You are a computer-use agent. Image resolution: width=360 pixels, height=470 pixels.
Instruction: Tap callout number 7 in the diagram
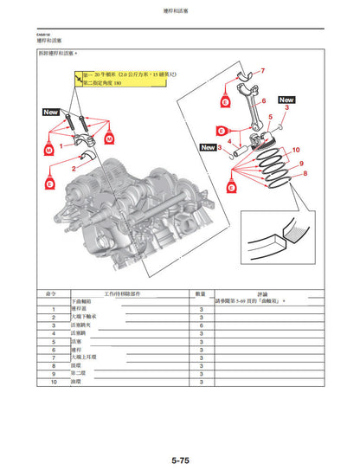pyautogui.click(x=263, y=69)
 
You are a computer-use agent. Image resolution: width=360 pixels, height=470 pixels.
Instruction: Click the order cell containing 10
pyautogui.click(x=54, y=381)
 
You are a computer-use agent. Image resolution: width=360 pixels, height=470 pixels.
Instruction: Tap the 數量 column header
pyautogui.click(x=200, y=294)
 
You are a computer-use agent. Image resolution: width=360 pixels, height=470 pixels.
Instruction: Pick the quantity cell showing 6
pyautogui.click(x=201, y=325)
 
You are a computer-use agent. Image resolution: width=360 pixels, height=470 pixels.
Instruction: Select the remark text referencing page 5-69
pyautogui.click(x=260, y=302)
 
